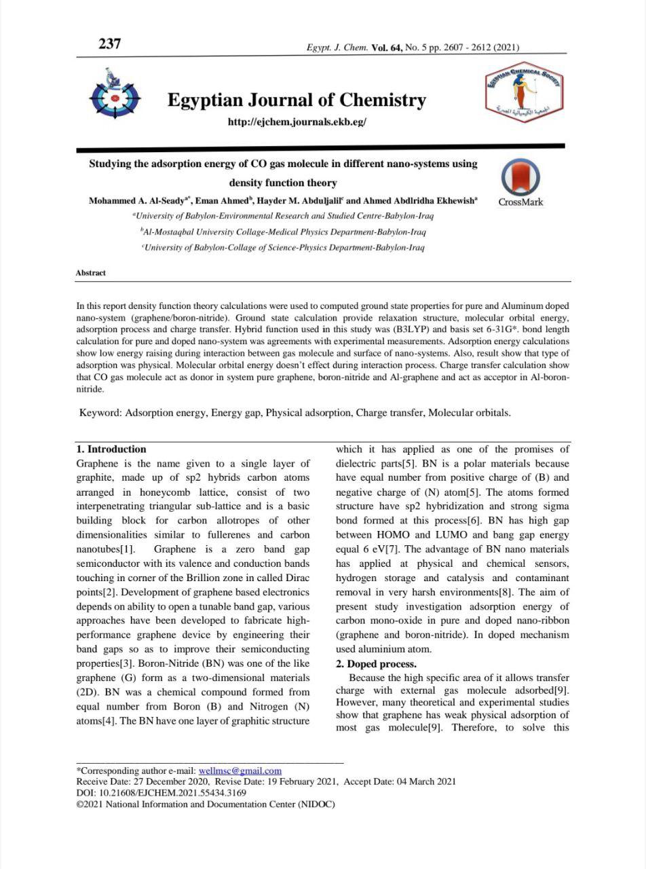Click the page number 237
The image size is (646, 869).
[109, 44]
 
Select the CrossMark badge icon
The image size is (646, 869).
[520, 179]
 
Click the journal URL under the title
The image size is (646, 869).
[297, 122]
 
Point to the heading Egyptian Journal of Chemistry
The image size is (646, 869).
[297, 100]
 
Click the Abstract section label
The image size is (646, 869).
[90, 273]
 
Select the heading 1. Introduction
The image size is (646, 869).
[111, 449]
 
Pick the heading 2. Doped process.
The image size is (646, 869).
[376, 664]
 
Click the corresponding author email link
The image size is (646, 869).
[240, 771]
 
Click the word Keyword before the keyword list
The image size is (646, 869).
[100, 413]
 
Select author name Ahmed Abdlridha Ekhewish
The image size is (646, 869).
[419, 201]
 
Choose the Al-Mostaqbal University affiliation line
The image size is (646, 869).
[283, 232]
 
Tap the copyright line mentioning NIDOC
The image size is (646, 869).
[205, 804]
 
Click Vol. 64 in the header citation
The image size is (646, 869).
[387, 48]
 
